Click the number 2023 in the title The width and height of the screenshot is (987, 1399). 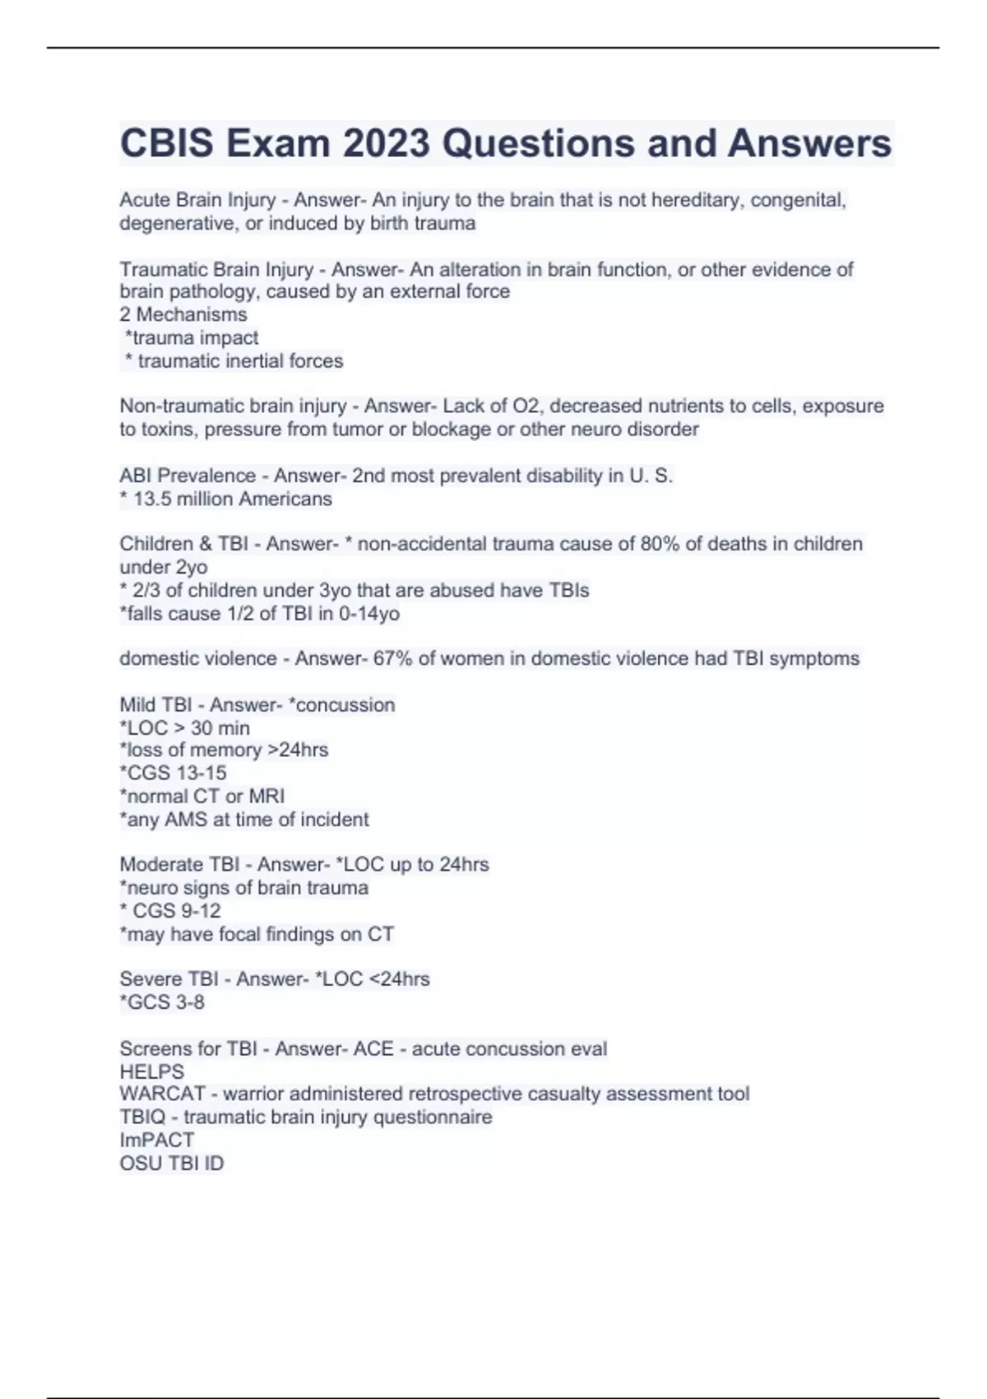387,143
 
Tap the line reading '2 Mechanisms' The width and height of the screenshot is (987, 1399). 183,314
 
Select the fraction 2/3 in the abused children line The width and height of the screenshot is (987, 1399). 146,590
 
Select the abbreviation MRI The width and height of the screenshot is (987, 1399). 266,796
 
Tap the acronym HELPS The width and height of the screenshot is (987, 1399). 152,1071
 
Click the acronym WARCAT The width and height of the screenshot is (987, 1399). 163,1094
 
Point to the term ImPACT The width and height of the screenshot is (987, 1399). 157,1140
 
